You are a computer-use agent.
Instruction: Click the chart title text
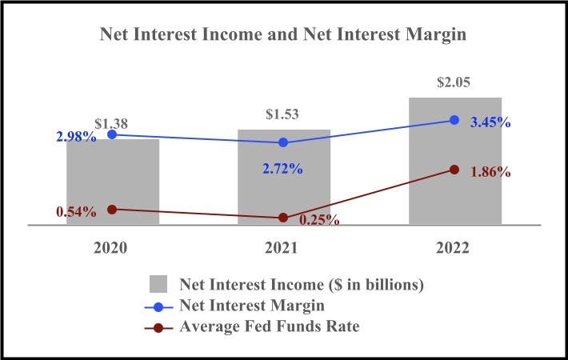(x=284, y=35)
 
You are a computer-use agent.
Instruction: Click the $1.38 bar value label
(x=111, y=124)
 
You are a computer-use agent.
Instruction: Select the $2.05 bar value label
(x=455, y=82)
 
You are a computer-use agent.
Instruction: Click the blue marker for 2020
(x=113, y=134)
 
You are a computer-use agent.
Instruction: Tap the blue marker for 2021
(x=284, y=142)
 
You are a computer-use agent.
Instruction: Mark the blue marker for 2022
(x=455, y=120)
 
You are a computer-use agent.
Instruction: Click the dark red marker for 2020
(x=113, y=209)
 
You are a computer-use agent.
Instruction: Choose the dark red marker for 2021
(x=284, y=218)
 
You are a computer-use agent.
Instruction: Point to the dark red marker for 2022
(x=455, y=170)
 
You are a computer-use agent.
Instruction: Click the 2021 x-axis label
(x=284, y=249)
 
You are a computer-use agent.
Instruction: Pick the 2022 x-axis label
(x=455, y=249)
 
